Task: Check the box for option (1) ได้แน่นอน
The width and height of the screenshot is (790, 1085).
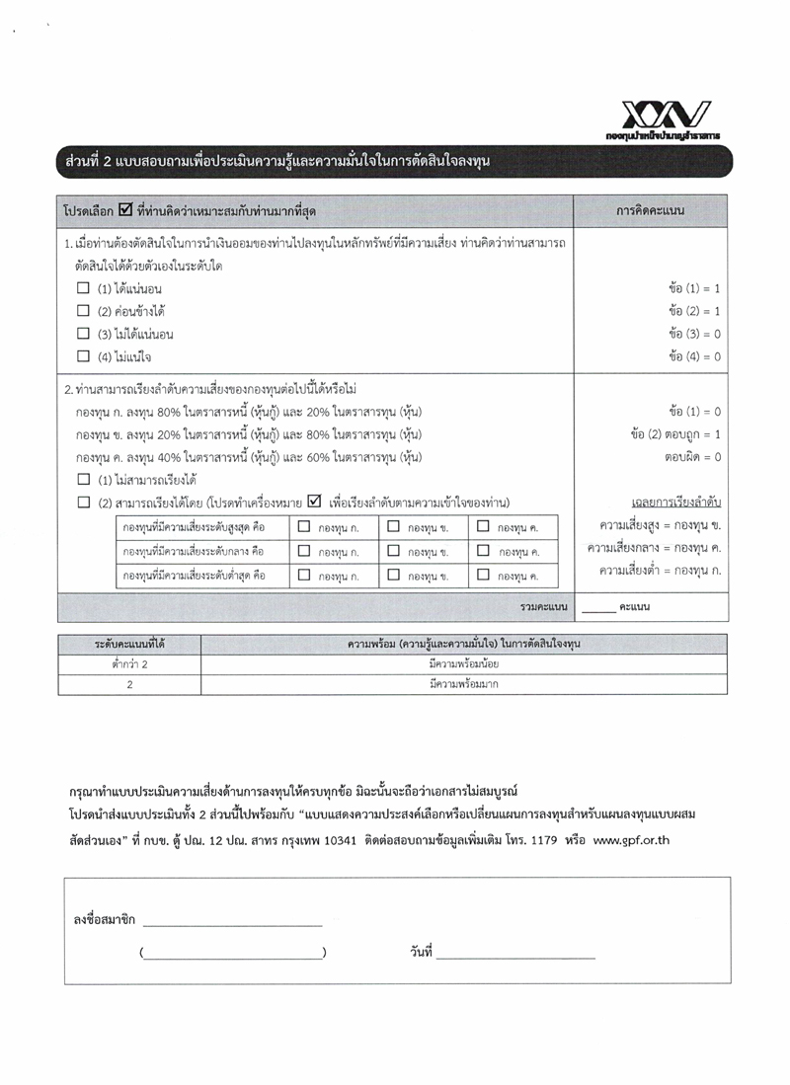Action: point(83,288)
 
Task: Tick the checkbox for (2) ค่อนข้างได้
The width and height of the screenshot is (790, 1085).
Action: point(83,311)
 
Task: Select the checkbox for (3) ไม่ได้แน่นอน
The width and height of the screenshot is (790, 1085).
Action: point(83,334)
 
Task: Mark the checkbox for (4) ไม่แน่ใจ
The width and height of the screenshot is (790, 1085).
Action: point(83,356)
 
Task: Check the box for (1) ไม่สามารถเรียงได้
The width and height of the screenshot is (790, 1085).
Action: point(83,480)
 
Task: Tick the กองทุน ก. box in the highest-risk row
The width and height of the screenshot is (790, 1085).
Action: point(304,526)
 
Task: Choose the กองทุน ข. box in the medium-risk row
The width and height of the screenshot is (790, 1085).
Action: point(393,551)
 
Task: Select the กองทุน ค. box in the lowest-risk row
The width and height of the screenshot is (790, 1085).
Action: point(483,575)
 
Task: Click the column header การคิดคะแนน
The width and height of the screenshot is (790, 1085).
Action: point(651,210)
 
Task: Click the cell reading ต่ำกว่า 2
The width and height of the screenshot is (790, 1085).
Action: point(129,663)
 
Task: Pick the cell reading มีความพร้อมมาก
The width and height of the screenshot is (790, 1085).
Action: point(464,683)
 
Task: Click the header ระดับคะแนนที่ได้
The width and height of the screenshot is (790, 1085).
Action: point(129,644)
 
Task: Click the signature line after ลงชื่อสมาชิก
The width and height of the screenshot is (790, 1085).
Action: point(232,923)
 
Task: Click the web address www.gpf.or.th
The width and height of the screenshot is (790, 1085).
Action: point(635,838)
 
